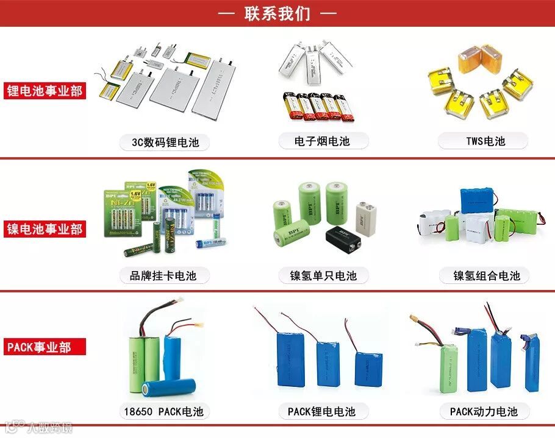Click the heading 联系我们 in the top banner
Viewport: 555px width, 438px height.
coord(277,13)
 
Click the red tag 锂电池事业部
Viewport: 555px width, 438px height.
coord(44,91)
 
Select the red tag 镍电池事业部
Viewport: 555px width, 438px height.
coord(44,230)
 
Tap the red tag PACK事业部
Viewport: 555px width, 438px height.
coord(39,347)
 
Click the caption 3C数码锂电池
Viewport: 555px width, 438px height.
coord(165,143)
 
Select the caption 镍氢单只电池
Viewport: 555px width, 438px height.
coord(323,276)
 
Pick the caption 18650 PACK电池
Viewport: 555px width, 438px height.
coord(164,412)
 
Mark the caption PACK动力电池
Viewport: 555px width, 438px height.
coord(484,412)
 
